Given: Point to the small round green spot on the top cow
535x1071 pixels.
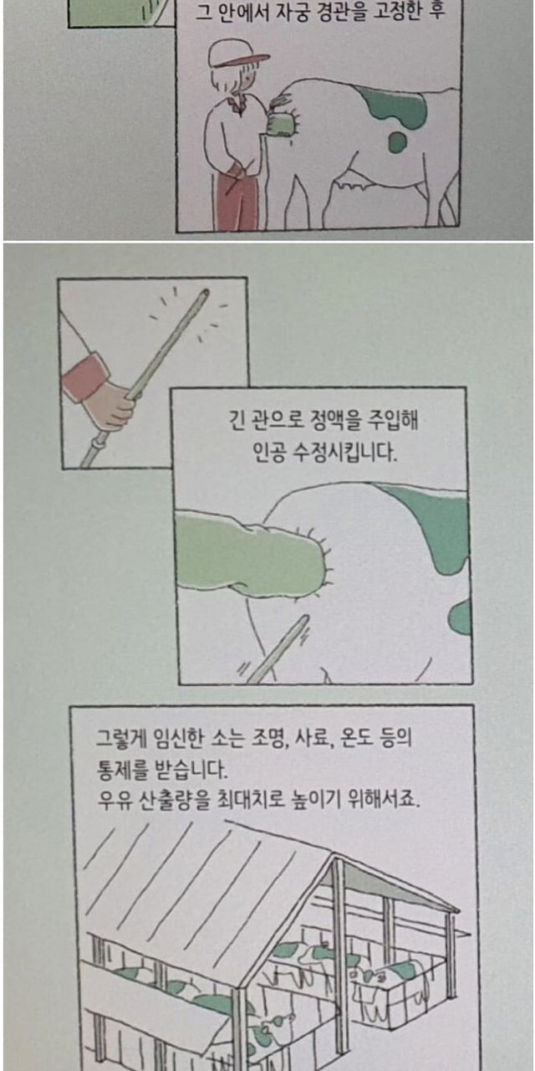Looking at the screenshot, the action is (397, 141).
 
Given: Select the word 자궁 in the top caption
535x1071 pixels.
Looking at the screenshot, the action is (293, 13).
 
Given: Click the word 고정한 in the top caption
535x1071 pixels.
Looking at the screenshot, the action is (396, 13).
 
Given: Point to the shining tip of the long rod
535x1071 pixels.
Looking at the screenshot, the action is (205, 292).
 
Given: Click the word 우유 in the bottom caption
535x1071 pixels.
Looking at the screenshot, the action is (115, 800).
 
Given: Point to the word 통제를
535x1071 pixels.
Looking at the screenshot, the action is (121, 769).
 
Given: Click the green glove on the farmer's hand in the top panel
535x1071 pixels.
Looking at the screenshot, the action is (278, 124).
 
